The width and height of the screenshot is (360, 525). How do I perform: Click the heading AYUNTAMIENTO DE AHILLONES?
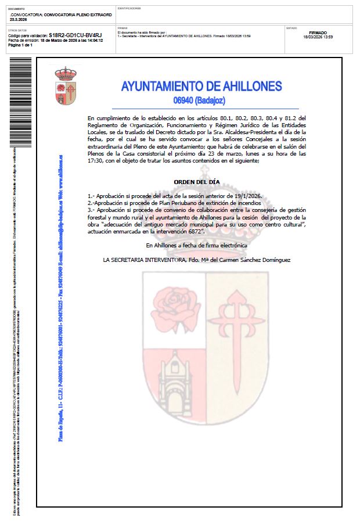(x=201, y=87)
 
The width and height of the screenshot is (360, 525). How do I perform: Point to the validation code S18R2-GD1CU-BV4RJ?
(x=75, y=35)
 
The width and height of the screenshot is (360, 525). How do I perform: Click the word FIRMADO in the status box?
(x=318, y=33)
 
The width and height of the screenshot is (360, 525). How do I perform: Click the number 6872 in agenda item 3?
(x=191, y=231)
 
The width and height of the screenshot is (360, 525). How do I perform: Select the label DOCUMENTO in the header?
(x=17, y=9)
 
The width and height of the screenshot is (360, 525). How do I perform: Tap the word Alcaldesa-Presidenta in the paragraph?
(x=230, y=133)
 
